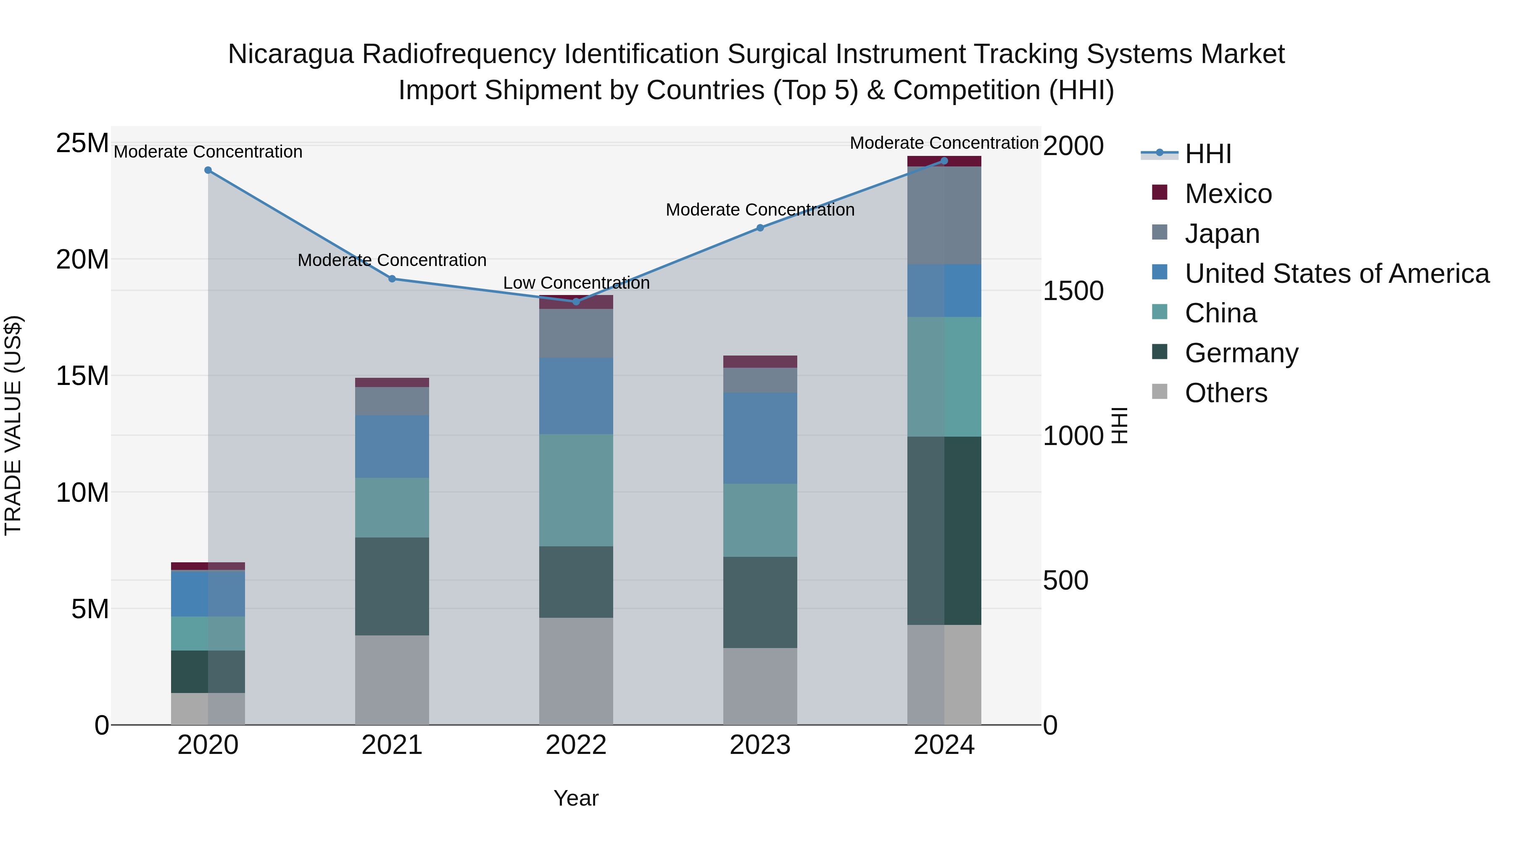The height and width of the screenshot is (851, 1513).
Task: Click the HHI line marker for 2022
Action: coord(576,301)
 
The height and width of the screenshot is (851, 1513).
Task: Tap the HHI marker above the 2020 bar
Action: coord(208,170)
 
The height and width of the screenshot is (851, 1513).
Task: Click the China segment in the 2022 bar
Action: coord(576,490)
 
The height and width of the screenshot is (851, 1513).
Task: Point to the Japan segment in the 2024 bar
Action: coord(944,216)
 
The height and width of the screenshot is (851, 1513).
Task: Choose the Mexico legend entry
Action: coord(1228,194)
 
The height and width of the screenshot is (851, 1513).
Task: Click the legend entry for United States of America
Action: coord(1336,274)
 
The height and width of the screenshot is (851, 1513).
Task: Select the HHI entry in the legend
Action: coord(1207,154)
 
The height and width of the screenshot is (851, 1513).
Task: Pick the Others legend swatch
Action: coord(1160,391)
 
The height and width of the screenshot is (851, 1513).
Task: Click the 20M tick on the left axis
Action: coord(82,259)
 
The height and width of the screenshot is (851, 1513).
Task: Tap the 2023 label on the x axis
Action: coord(759,745)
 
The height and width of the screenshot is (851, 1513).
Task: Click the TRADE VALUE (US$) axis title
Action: coord(13,425)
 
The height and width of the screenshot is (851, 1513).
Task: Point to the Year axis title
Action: coord(576,798)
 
